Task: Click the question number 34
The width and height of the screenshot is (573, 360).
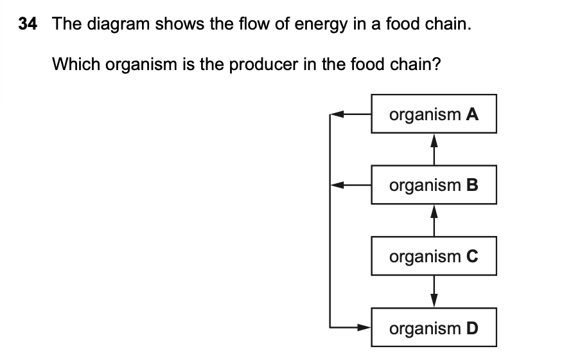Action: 28,24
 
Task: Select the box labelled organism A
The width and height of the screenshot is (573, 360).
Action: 434,114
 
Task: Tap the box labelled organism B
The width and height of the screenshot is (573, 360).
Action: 434,186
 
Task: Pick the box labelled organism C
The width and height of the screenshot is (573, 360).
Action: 434,257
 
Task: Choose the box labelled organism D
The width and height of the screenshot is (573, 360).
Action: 434,328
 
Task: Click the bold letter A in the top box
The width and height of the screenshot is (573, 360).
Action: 472,114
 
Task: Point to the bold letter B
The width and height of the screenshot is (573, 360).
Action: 472,186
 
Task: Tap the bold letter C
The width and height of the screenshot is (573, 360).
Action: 472,257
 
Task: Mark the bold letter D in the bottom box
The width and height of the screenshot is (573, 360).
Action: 472,328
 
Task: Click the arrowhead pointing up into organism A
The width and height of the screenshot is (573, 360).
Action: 434,140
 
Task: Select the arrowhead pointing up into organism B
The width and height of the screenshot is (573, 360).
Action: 434,212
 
